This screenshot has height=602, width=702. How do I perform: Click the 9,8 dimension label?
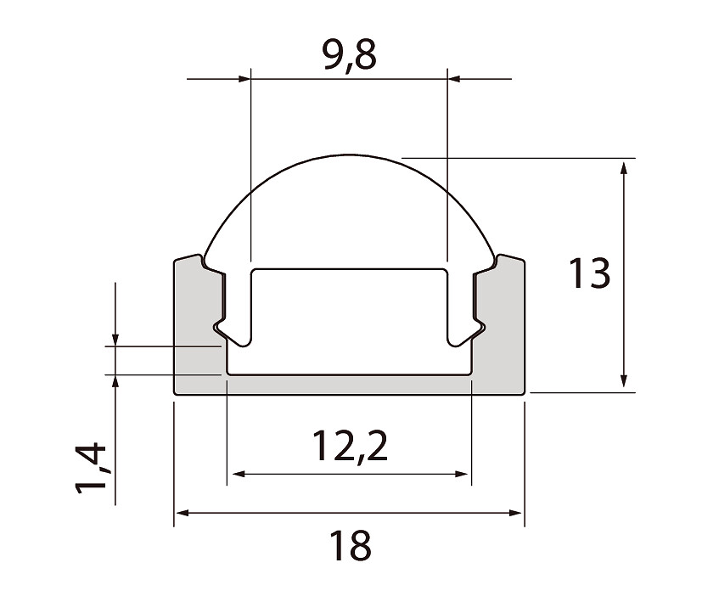[350, 54]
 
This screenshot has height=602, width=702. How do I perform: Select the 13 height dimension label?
[589, 273]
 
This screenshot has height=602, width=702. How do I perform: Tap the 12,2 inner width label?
[350, 446]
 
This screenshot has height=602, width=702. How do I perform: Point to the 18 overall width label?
[350, 546]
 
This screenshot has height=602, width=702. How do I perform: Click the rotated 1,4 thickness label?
[92, 468]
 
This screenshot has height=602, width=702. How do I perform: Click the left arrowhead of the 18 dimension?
[182, 513]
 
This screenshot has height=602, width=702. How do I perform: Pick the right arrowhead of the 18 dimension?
[516, 513]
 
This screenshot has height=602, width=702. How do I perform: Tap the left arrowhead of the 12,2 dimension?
[239, 474]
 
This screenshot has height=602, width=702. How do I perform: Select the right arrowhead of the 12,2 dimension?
[461, 474]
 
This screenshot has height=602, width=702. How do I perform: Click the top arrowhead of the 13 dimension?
[624, 168]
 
